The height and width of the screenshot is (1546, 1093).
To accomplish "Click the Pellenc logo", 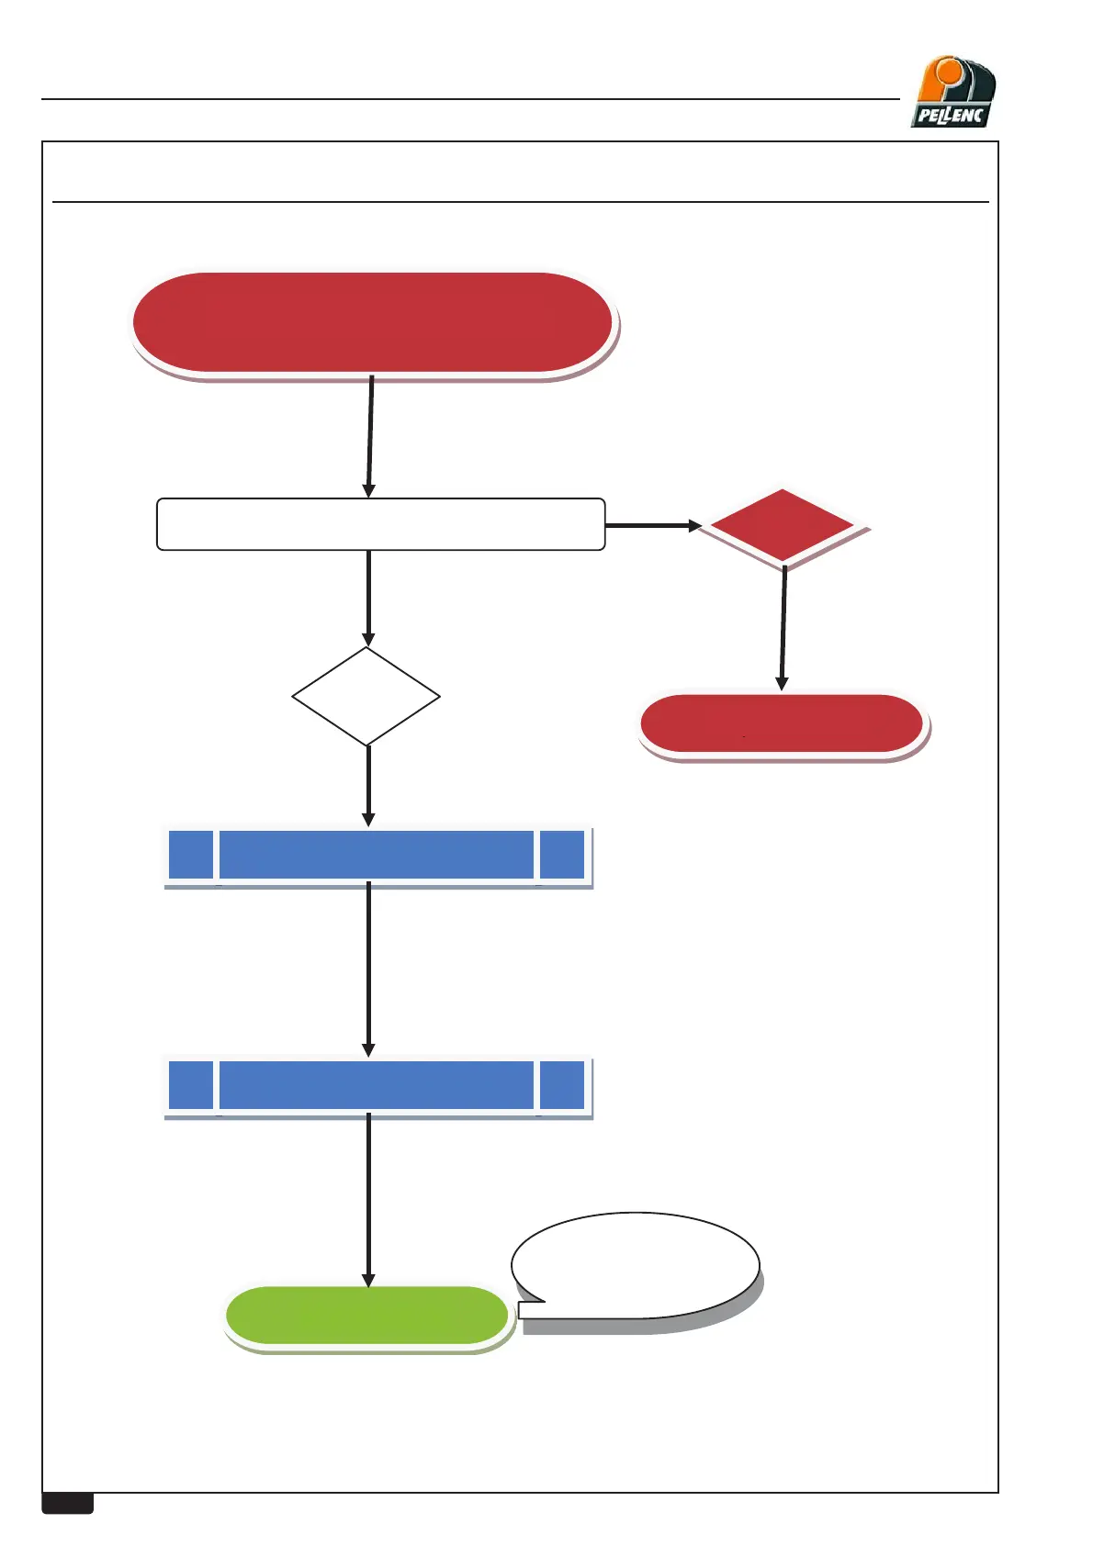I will coord(953,93).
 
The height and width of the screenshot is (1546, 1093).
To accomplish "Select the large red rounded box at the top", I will coord(372,323).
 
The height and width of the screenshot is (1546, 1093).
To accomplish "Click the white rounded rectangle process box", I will coord(380,524).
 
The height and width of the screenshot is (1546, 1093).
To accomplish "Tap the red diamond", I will coord(783,526).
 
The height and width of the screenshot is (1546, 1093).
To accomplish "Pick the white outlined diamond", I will coord(366,697).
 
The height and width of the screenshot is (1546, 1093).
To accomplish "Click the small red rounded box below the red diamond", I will coord(782,723).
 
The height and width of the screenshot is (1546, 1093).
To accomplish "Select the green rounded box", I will coord(366,1315).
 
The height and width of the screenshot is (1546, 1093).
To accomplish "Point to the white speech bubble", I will coord(636,1265).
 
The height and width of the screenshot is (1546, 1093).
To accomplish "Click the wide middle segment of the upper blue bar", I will coord(377,855).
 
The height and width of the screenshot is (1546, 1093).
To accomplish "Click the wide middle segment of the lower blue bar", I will coord(377,1085).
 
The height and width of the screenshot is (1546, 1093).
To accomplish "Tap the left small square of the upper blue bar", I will coord(191,855).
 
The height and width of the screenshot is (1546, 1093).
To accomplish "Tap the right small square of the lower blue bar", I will coord(562,1085).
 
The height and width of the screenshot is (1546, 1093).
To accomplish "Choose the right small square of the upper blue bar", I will coord(562,855).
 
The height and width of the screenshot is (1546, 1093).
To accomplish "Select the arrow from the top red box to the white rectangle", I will coord(370,436).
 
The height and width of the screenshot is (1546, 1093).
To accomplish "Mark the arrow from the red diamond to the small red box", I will coord(783,629).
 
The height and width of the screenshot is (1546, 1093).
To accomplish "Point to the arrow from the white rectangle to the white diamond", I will coord(368,597).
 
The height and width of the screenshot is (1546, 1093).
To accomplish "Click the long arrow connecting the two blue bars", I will coord(368,969).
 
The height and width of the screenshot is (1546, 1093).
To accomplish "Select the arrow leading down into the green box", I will coord(368,1198).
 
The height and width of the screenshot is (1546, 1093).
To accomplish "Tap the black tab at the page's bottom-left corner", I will coord(68,1503).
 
